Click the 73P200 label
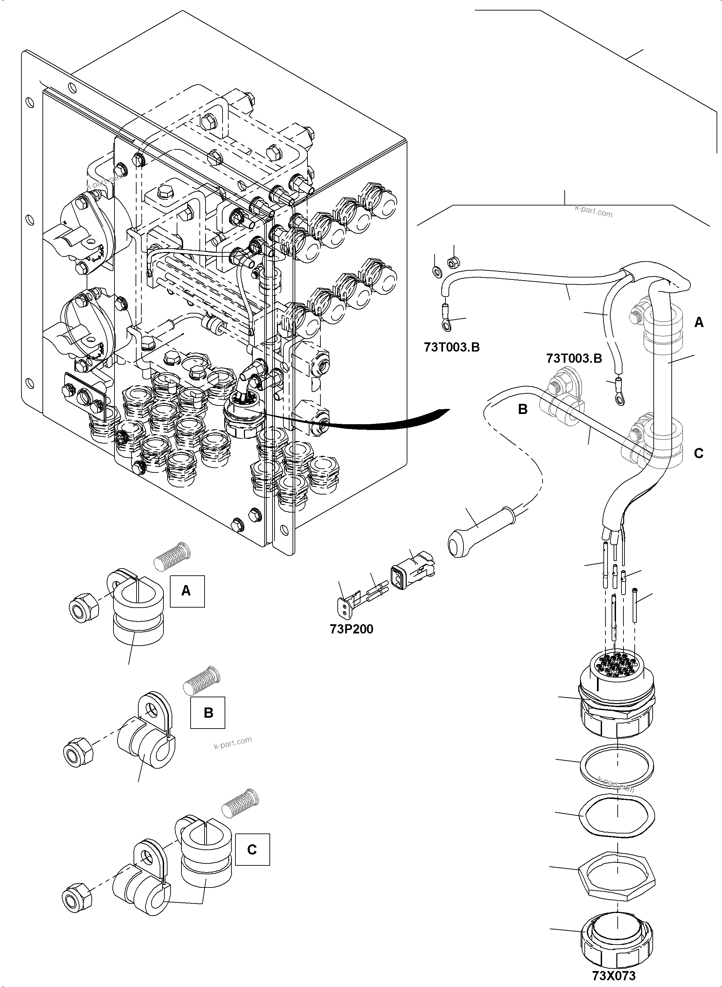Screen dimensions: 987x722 click(x=351, y=629)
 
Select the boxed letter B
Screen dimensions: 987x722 click(x=208, y=713)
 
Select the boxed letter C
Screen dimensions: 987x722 click(x=252, y=849)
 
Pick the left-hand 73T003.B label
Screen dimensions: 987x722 click(x=452, y=347)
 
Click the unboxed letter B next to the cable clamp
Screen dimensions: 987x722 click(x=523, y=409)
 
